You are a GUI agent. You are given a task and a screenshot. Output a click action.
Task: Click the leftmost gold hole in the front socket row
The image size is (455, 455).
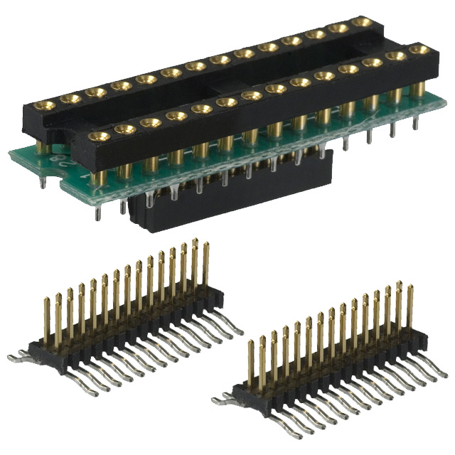pos(99,136)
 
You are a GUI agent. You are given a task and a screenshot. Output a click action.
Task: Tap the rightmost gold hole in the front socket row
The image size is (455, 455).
pos(421,50)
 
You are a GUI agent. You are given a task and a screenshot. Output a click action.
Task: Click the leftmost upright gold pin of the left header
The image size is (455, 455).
pos(47,321)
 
